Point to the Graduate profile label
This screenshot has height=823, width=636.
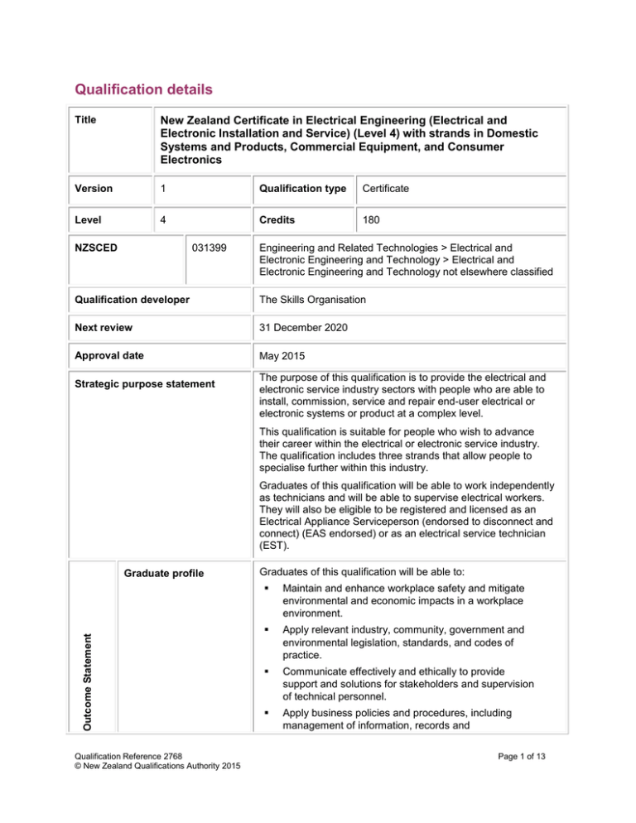pos(160,568)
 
